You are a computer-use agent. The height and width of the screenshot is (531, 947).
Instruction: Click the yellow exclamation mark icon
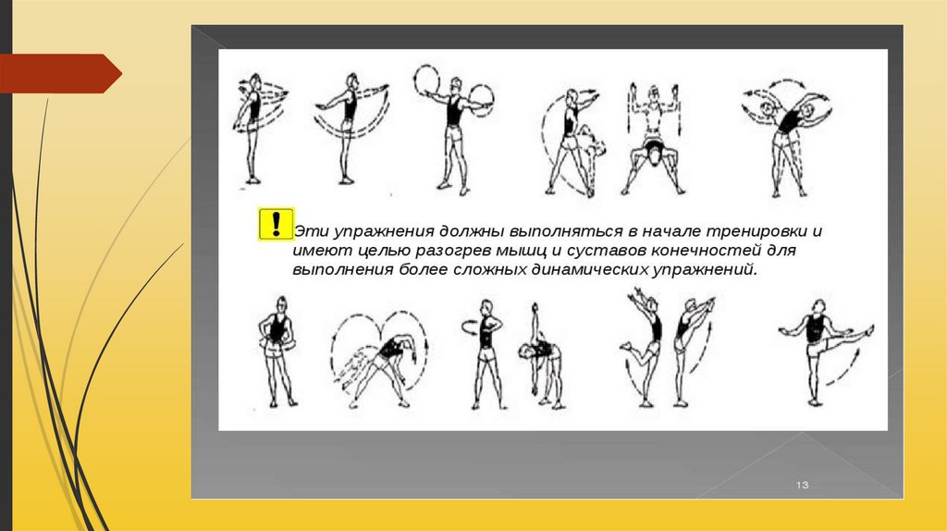tap(276, 224)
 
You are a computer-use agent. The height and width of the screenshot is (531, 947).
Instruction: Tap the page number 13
tap(802, 485)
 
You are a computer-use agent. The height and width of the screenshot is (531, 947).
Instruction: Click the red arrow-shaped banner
tap(60, 74)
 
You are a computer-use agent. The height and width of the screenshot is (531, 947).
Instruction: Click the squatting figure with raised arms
tap(654, 139)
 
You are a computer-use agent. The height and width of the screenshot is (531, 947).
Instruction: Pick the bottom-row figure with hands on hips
tap(277, 352)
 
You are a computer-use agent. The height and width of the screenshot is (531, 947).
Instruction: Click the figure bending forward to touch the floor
tap(540, 356)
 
